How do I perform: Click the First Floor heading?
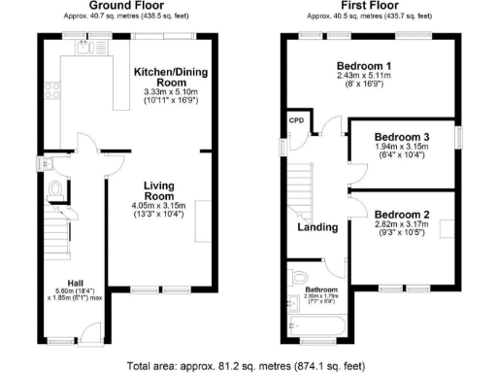(368, 6)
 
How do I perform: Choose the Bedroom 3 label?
(401, 137)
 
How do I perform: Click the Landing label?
(317, 227)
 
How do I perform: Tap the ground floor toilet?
(55, 189)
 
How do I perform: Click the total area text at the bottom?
(247, 366)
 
